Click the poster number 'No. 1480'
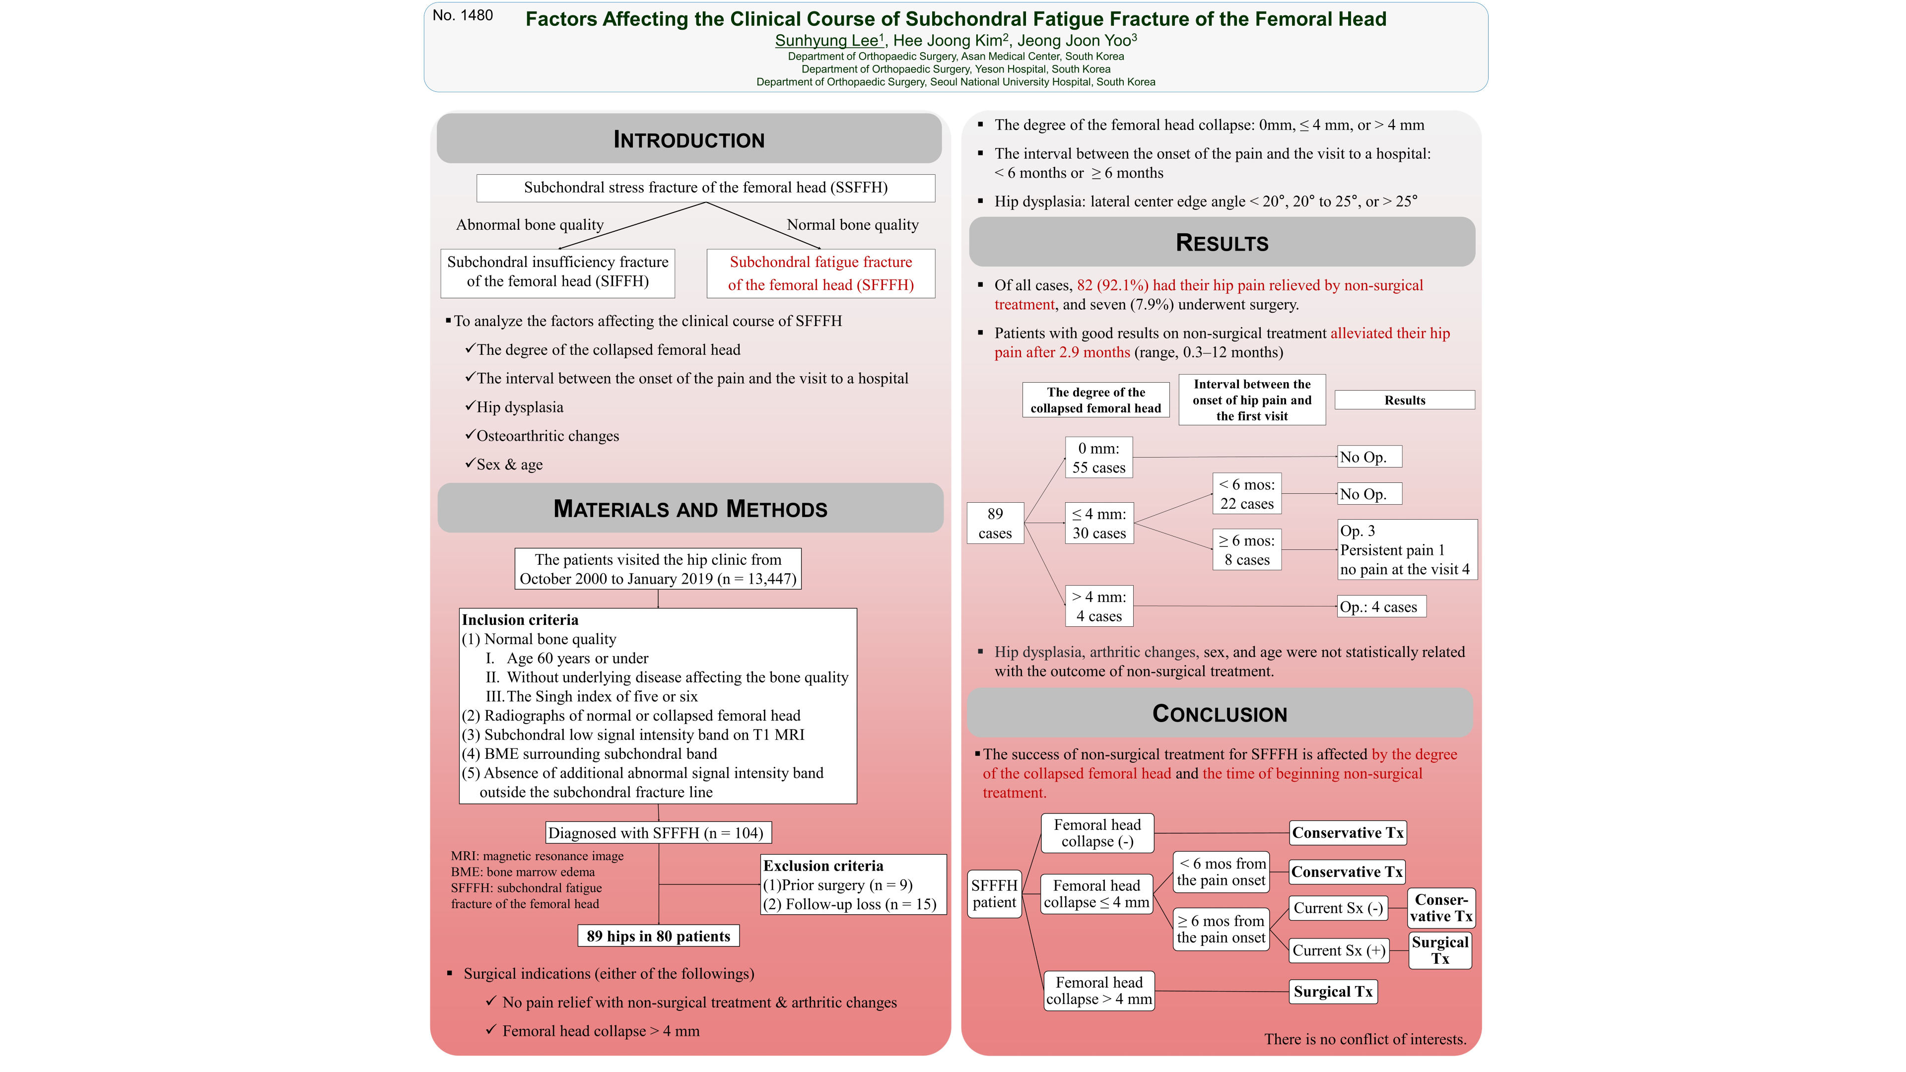(x=463, y=15)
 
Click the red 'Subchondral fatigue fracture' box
(x=820, y=273)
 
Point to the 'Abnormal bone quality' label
(x=530, y=225)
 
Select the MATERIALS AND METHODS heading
(x=690, y=509)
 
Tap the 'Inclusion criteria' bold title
(x=520, y=620)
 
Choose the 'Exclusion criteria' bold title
(x=823, y=866)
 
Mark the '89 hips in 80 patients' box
(x=658, y=936)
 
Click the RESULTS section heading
(x=1222, y=243)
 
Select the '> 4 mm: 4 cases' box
(x=1099, y=606)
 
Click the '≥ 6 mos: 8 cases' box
(x=1247, y=550)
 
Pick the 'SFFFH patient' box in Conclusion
(x=994, y=894)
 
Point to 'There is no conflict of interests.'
(x=1364, y=1039)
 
